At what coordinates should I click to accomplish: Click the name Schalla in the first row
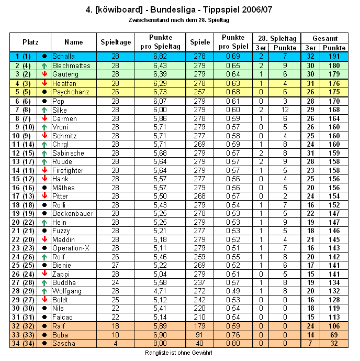click(64, 56)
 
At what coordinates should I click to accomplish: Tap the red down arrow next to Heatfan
click(44, 83)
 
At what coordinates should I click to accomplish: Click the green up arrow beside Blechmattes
click(44, 66)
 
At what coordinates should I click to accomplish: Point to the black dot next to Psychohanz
click(44, 92)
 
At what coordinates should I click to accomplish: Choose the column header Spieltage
click(115, 42)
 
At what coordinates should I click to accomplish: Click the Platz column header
click(30, 42)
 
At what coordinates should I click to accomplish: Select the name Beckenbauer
click(73, 214)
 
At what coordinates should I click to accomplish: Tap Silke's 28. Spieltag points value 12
click(285, 110)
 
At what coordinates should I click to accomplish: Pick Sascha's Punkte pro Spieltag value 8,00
click(160, 343)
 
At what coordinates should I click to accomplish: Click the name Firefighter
click(68, 170)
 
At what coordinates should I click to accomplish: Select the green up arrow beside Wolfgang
click(44, 291)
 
